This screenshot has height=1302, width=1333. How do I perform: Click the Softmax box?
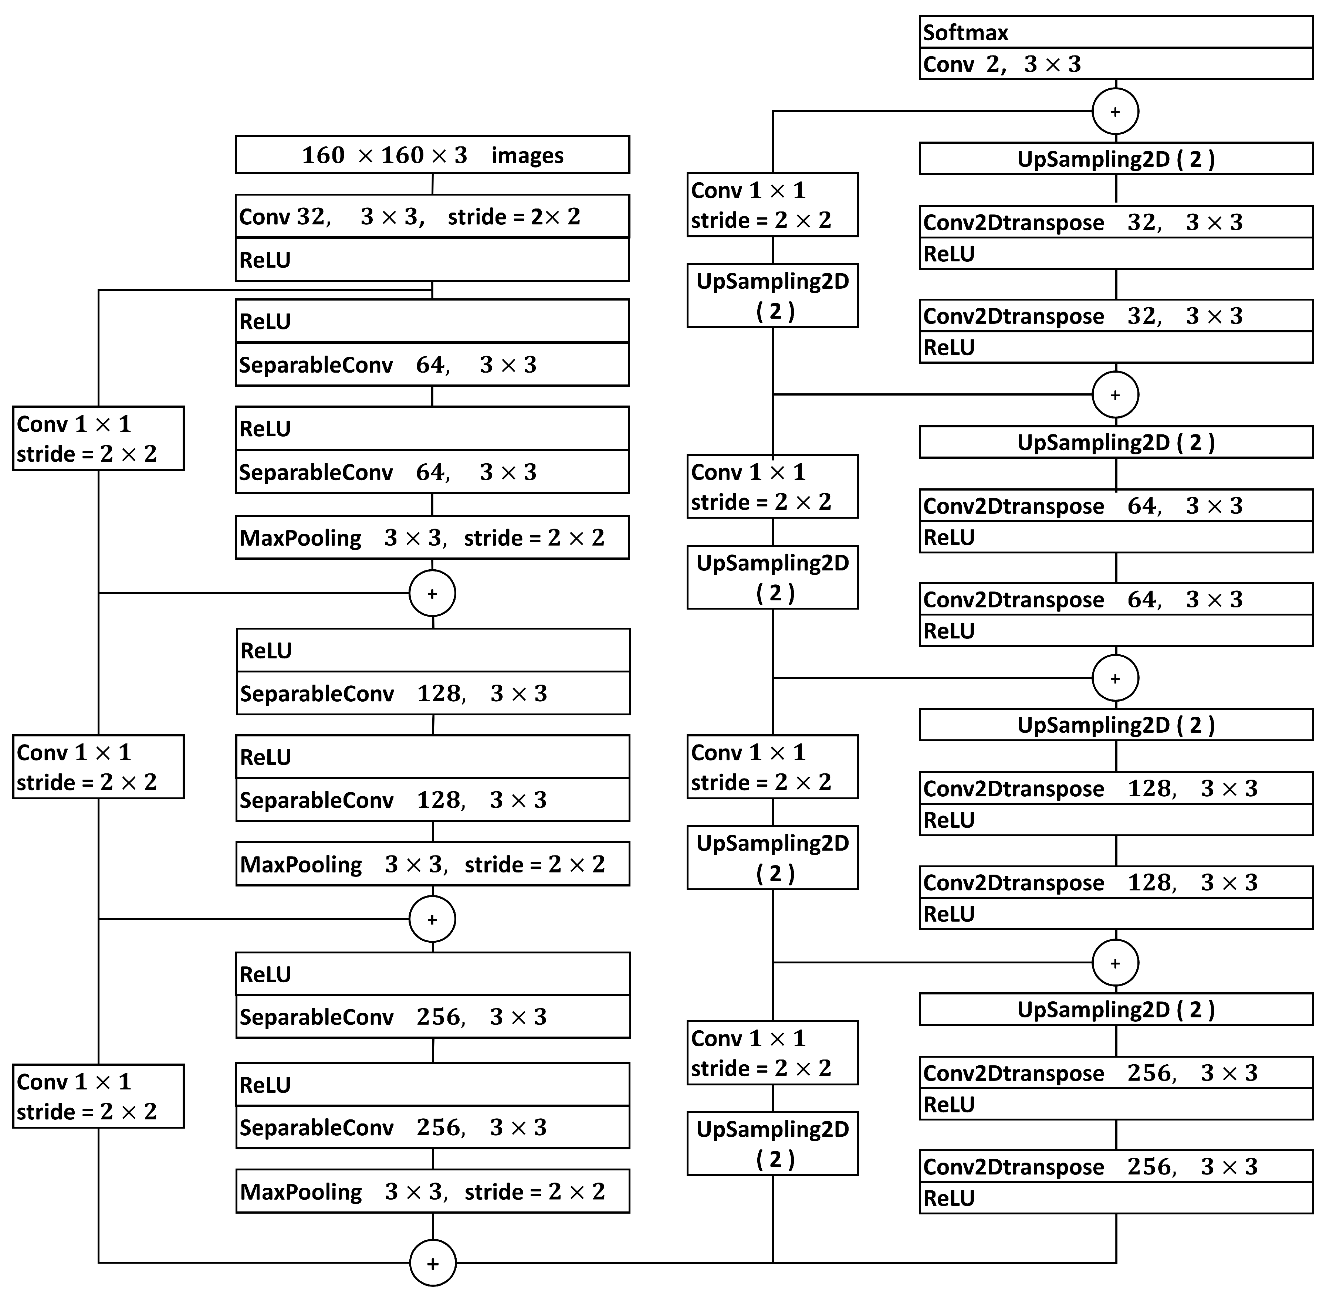coord(1116,32)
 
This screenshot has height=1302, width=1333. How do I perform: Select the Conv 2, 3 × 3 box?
coord(1116,64)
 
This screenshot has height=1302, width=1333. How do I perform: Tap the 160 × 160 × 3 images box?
coord(432,155)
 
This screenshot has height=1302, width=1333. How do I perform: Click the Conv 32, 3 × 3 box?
coord(432,216)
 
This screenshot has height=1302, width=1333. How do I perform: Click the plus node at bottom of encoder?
coord(432,1263)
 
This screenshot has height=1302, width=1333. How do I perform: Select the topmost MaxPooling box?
coord(432,538)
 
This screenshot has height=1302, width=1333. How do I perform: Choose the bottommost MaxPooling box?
coord(432,1191)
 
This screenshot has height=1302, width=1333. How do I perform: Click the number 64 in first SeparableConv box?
coord(430,365)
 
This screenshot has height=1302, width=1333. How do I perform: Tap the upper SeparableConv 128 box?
coord(432,694)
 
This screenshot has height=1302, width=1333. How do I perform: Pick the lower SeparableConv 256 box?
coord(432,1127)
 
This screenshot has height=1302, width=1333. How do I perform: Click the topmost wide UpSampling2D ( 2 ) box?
coord(1116,159)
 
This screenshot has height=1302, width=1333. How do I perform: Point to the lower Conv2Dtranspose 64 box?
coord(1116,599)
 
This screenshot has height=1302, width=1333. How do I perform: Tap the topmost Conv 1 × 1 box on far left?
coord(98,438)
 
